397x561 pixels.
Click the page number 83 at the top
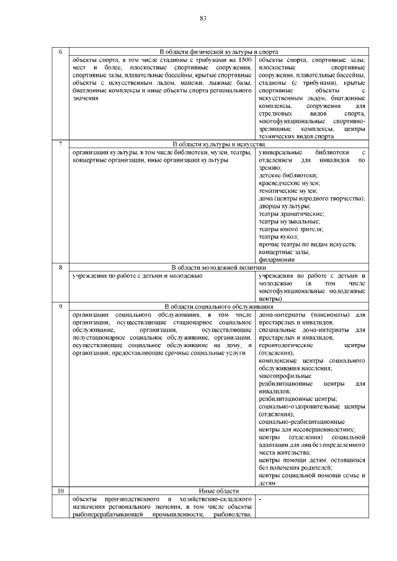coord(202,18)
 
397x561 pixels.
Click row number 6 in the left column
coord(60,51)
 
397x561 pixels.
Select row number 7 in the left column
coord(60,144)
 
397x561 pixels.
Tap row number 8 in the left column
coord(60,267)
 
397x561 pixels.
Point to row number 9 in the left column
coord(60,306)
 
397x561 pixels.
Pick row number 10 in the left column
coord(60,491)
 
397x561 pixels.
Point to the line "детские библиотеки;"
coord(283,175)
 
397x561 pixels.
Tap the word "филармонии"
coord(277,260)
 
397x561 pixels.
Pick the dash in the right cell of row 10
coord(260,499)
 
